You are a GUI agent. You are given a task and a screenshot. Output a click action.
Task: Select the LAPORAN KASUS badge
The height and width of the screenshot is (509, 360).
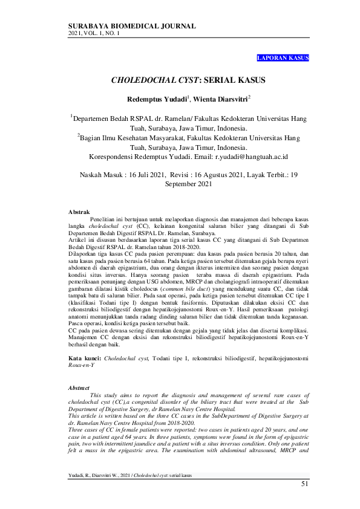[x=283, y=58]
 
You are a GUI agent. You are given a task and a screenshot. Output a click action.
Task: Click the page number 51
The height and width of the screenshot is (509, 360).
[x=304, y=484]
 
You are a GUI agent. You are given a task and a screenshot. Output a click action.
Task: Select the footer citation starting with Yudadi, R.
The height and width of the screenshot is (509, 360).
[x=129, y=476]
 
